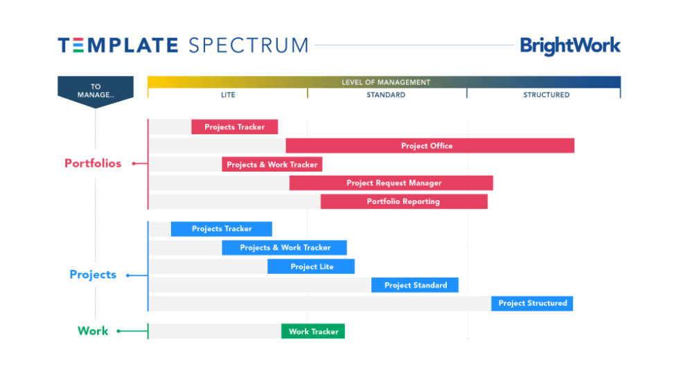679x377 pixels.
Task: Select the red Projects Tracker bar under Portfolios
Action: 234,127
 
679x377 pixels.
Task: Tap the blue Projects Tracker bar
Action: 221,229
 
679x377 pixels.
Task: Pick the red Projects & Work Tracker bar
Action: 272,165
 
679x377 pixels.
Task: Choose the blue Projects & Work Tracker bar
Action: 284,248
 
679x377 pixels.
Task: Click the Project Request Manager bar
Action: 391,183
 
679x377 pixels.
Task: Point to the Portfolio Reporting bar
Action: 403,202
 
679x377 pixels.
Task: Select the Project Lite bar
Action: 311,266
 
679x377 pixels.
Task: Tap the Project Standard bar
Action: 415,285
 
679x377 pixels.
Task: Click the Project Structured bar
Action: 532,303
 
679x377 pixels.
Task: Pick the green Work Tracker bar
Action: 312,331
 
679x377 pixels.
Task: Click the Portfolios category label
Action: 93,164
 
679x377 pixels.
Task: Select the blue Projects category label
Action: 93,275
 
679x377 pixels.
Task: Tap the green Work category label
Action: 93,331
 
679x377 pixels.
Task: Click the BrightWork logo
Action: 570,46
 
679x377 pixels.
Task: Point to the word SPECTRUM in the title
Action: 247,46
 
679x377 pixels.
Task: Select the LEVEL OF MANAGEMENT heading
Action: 385,82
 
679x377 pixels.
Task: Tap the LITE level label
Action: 228,95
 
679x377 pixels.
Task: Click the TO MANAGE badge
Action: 95,91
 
